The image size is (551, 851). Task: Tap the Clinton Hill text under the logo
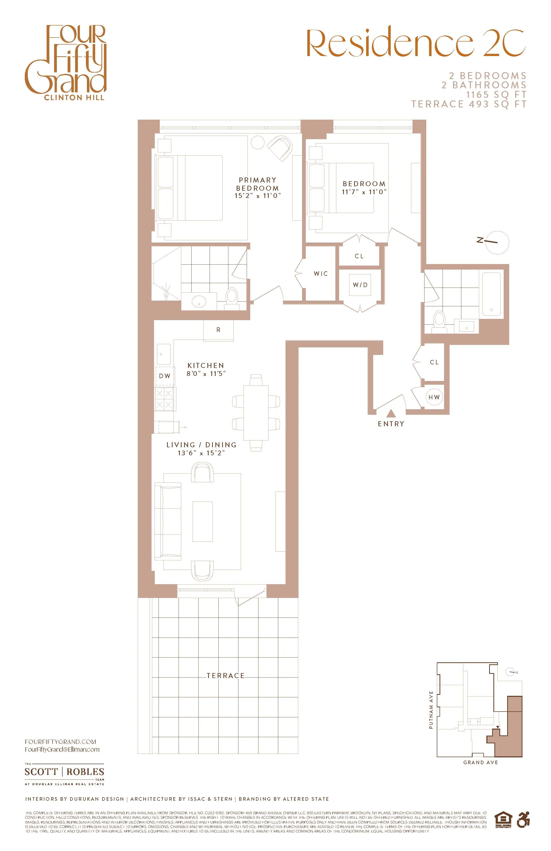tap(74, 98)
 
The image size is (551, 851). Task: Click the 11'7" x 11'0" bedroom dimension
tap(364, 192)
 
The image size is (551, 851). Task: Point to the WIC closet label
tap(321, 274)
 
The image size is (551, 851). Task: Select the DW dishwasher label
tap(165, 376)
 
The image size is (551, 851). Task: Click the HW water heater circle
tap(434, 397)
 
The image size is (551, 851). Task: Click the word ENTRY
tap(391, 424)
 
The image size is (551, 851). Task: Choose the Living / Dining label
tap(201, 445)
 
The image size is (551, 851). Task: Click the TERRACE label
tap(225, 676)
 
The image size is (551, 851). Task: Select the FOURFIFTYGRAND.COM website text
tap(60, 742)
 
